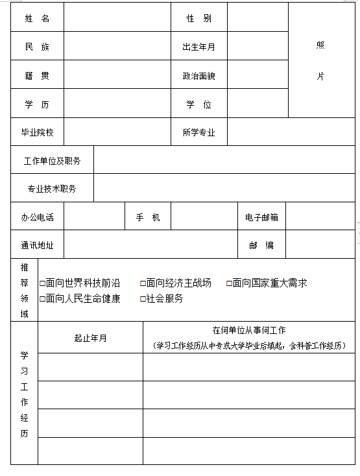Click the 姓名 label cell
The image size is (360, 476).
[x=37, y=19]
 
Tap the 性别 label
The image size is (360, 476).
[x=198, y=19]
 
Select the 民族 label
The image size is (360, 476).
[x=37, y=47]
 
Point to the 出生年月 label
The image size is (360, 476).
[x=198, y=47]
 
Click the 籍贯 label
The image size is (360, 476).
[x=37, y=76]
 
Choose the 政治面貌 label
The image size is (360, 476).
[x=198, y=76]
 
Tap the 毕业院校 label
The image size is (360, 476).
[x=37, y=133]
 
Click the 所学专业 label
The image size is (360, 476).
[x=198, y=133]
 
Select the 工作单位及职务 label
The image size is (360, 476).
[x=53, y=161]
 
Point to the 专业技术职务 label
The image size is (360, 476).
[x=53, y=189]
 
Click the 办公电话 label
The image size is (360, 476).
[x=37, y=217]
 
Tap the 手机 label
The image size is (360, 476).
[x=147, y=217]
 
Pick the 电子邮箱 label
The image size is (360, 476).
[x=261, y=217]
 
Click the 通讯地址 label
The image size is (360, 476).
[x=37, y=245]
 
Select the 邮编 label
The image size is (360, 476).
[x=261, y=245]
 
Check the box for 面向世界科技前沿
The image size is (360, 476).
[x=43, y=283]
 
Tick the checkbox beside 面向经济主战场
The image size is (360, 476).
[x=143, y=283]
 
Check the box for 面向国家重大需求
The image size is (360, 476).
[x=229, y=283]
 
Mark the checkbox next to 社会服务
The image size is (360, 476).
[x=143, y=299]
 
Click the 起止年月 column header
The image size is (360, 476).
[x=90, y=338]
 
